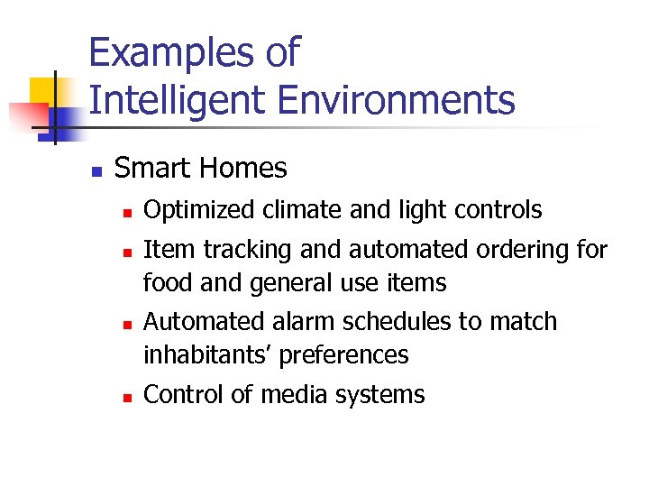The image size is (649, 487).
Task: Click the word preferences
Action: pyautogui.click(x=343, y=356)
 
